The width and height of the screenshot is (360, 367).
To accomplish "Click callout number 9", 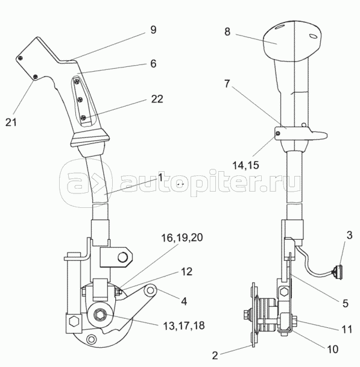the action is click(153, 30).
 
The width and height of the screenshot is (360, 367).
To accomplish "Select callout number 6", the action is click(153, 64).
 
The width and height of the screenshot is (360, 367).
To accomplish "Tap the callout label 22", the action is click(157, 99).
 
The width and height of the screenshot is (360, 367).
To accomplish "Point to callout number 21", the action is click(11, 122).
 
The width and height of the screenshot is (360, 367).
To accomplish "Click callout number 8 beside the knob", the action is click(227, 31).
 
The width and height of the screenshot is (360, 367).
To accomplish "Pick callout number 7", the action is click(227, 84).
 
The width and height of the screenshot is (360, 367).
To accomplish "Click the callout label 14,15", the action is click(245, 166).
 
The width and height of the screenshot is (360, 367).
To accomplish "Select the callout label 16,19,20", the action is click(182, 237).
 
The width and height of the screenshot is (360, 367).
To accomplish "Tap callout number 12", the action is click(187, 272).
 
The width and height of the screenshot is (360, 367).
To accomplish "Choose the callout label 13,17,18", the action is click(184, 325).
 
